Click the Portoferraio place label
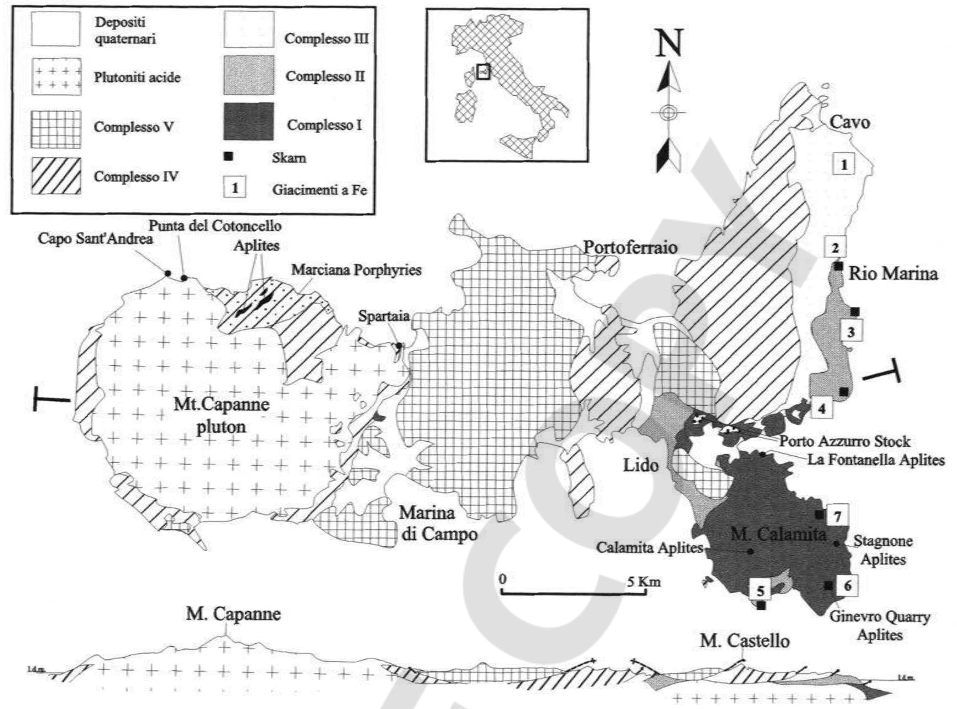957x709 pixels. click(630, 248)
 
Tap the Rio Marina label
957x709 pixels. click(893, 273)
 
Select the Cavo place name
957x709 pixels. click(849, 122)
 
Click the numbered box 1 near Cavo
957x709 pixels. click(844, 164)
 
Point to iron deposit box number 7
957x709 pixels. click(837, 516)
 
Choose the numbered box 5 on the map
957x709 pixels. click(760, 591)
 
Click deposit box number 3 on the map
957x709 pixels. click(850, 332)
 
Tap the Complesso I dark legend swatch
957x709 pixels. click(248, 121)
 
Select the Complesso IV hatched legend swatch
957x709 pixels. click(56, 176)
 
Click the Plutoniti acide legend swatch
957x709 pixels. click(56, 77)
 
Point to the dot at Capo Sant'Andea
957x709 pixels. click(167, 273)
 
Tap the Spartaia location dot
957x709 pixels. click(398, 345)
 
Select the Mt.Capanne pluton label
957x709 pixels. click(221, 415)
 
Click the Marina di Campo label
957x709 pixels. click(438, 523)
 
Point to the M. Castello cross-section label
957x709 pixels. click(745, 641)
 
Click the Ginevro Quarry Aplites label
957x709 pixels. click(880, 626)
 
